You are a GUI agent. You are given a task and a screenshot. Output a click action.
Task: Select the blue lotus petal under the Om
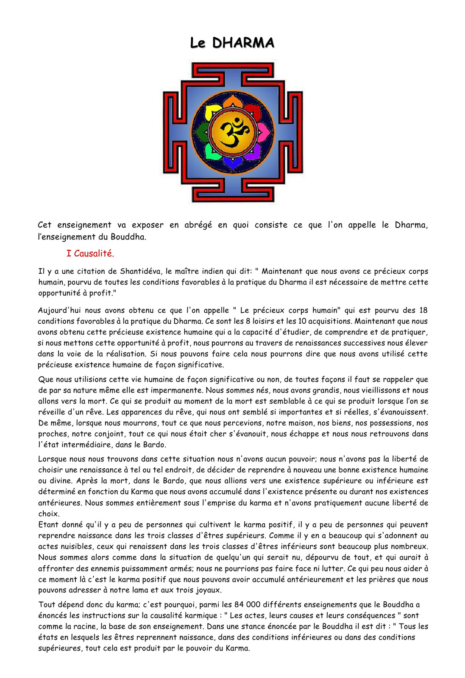click(232, 162)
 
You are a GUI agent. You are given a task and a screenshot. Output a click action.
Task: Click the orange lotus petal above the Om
click(232, 102)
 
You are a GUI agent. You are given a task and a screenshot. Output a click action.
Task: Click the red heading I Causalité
click(90, 253)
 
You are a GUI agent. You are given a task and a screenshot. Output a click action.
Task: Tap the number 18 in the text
click(423, 310)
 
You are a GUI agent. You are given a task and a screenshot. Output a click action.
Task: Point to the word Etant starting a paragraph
click(48, 525)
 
